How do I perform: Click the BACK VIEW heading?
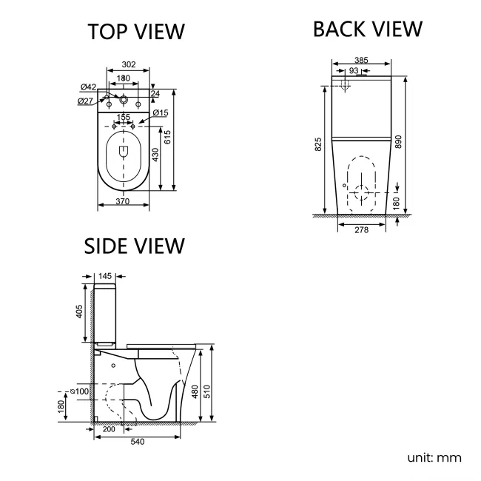[367, 29]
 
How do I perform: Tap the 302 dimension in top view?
[128, 66]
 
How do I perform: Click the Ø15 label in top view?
[161, 112]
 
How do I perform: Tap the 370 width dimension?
[124, 202]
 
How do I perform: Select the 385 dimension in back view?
[360, 61]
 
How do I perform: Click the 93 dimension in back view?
[354, 70]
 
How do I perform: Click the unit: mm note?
[434, 457]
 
